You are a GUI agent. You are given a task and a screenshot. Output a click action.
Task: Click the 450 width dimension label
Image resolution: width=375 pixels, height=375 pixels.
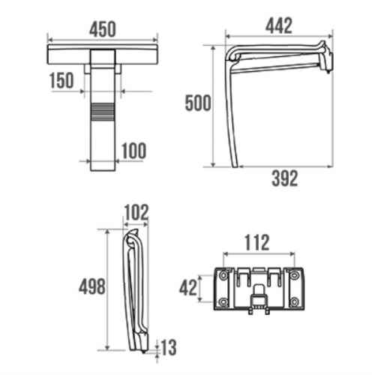(103, 29)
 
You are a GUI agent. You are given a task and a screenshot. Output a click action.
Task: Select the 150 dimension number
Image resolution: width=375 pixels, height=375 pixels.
(61, 80)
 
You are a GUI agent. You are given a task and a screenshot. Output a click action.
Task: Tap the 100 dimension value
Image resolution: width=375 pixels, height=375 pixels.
(133, 151)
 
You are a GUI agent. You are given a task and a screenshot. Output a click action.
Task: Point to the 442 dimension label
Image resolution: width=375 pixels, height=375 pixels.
(279, 25)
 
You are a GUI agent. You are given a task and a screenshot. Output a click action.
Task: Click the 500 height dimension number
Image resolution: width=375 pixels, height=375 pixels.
(198, 103)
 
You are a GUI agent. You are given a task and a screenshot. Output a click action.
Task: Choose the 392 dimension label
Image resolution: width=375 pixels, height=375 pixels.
(285, 178)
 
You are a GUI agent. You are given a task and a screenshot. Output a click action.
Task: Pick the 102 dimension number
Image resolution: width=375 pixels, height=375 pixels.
(136, 212)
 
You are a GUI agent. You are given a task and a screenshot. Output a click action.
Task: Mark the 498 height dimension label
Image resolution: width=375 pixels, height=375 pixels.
(92, 286)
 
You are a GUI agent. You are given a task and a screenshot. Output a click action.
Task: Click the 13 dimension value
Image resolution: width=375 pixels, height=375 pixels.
(169, 347)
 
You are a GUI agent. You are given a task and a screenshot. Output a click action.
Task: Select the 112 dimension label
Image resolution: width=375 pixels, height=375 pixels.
(257, 242)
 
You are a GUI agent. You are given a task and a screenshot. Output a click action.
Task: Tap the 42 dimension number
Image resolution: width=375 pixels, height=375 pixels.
(188, 288)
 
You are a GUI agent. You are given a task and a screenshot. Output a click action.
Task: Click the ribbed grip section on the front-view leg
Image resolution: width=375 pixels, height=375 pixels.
(103, 112)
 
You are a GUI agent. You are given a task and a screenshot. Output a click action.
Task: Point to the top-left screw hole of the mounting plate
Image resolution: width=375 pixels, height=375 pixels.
(223, 275)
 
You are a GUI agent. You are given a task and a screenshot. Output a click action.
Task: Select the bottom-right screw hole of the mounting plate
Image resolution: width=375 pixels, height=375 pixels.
(295, 301)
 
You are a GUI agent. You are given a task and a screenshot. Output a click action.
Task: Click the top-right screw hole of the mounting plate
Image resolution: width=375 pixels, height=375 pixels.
(295, 275)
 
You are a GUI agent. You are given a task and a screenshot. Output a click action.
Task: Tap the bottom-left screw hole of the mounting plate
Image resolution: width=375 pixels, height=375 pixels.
(223, 301)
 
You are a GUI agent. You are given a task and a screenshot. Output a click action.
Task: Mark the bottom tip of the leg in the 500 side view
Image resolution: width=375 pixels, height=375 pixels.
(235, 166)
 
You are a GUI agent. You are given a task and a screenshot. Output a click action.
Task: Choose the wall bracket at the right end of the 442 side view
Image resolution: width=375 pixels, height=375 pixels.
(325, 57)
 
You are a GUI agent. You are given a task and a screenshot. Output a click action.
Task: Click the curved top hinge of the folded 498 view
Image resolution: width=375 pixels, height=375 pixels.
(132, 238)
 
